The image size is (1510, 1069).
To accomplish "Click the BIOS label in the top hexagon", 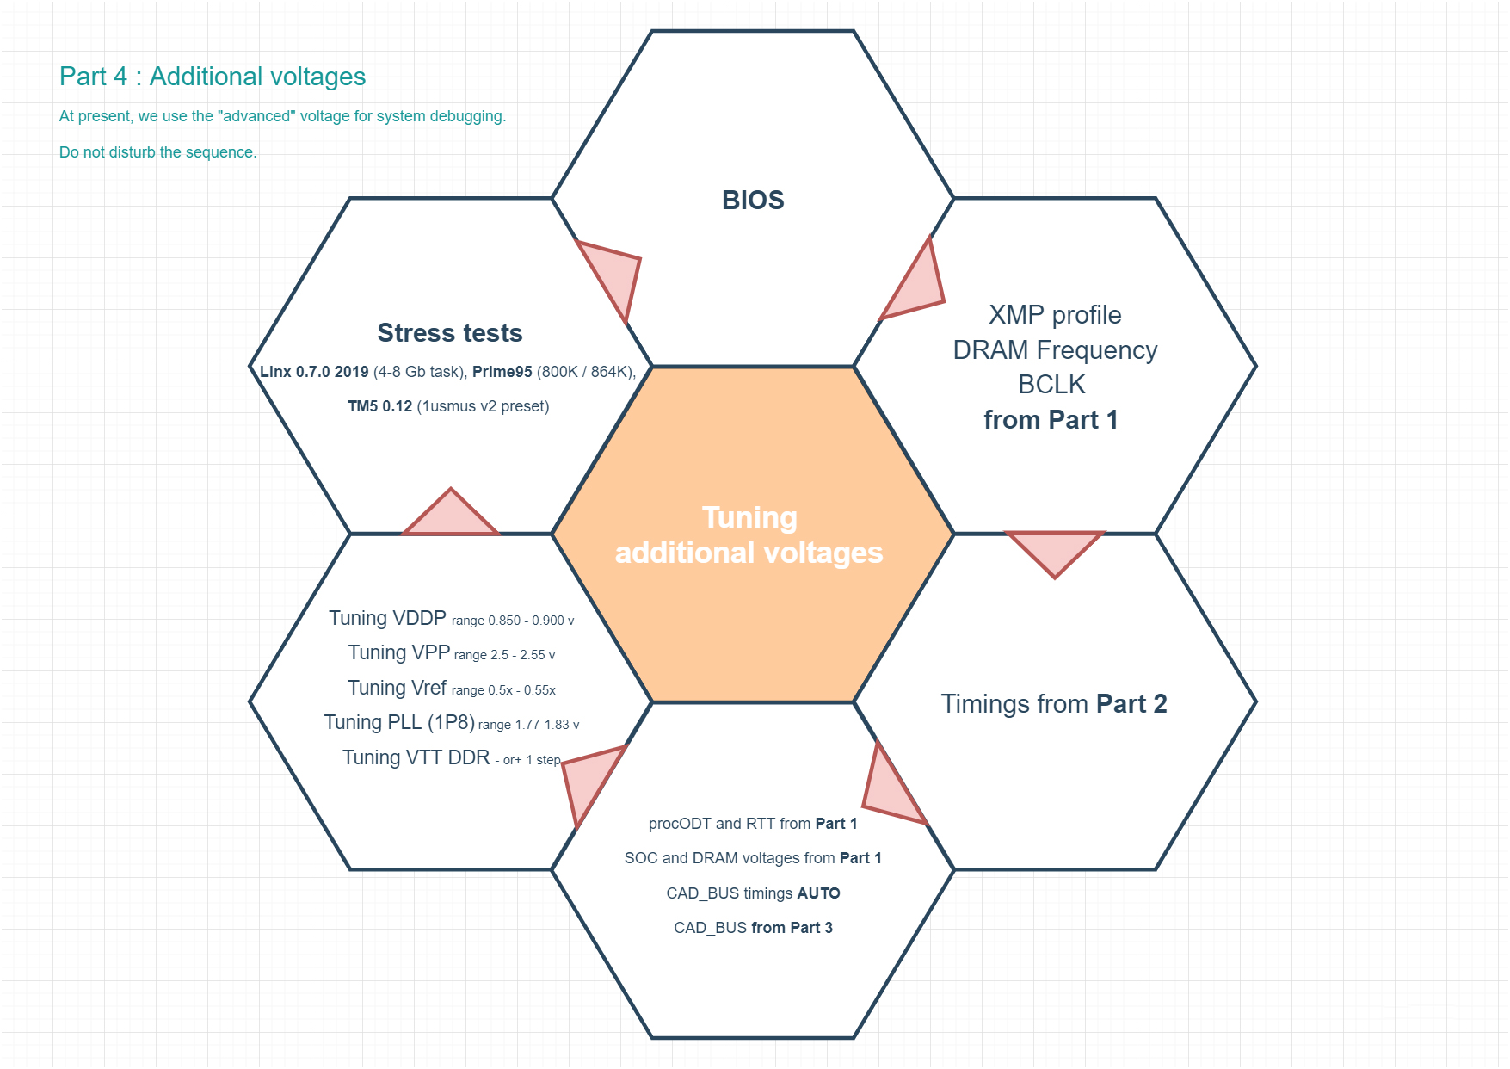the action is pyautogui.click(x=753, y=200).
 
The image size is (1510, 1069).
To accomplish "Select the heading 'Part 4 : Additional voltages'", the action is pyautogui.click(x=213, y=77).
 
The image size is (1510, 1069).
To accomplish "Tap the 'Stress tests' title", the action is pyautogui.click(x=450, y=333).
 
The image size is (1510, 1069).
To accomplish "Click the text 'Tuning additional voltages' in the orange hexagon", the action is pyautogui.click(x=749, y=534).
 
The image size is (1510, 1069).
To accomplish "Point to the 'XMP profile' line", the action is pyautogui.click(x=1055, y=315).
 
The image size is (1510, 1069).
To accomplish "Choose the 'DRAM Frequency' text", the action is pyautogui.click(x=1055, y=350).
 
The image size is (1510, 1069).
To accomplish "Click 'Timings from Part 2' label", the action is pyautogui.click(x=1054, y=704).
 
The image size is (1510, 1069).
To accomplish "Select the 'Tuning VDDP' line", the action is pyautogui.click(x=452, y=619).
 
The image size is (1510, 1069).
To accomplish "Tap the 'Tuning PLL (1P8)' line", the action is pyautogui.click(x=452, y=723).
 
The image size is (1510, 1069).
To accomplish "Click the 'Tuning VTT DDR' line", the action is pyautogui.click(x=452, y=757).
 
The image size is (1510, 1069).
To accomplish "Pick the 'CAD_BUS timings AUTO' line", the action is pyautogui.click(x=753, y=893).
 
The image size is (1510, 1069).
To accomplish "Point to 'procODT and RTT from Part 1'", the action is pyautogui.click(x=753, y=824).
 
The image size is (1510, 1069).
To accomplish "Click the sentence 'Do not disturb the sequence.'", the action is pyautogui.click(x=158, y=152).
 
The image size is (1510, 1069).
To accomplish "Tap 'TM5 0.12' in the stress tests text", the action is pyautogui.click(x=379, y=406).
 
